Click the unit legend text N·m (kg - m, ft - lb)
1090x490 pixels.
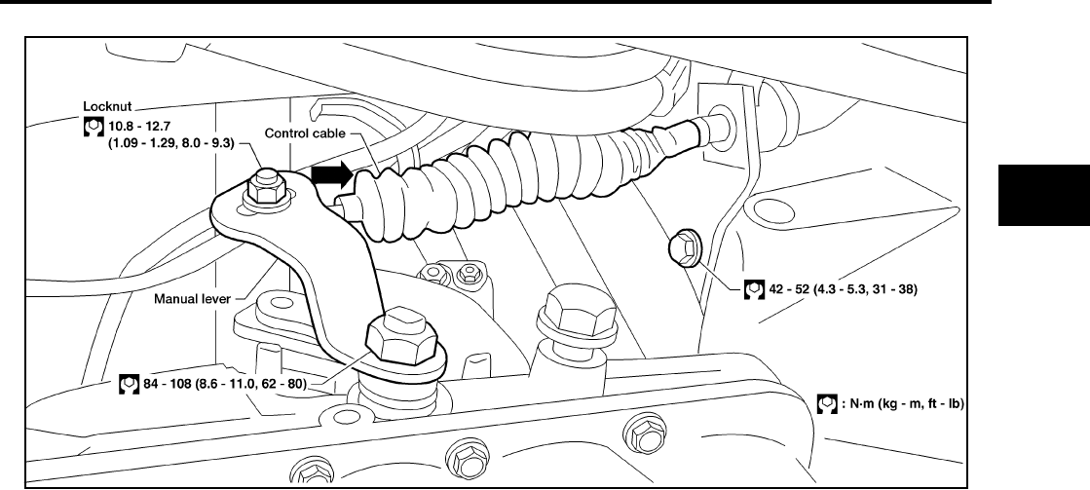901,401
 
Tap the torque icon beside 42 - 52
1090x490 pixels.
751,288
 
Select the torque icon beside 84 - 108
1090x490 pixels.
126,384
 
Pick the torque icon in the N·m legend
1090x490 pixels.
825,401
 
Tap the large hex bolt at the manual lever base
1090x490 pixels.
400,334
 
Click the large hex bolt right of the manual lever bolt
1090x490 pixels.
563,309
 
